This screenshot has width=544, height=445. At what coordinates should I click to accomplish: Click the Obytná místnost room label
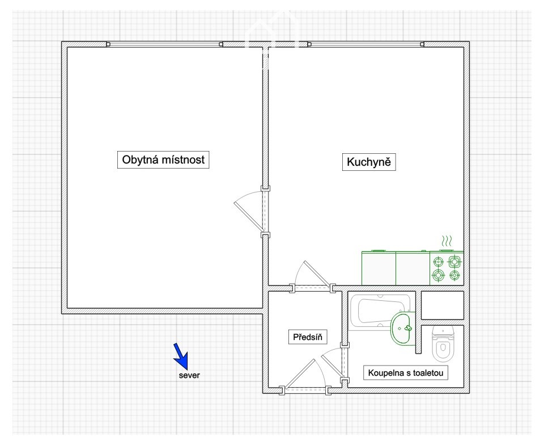coord(163,160)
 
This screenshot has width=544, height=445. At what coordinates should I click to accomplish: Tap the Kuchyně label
coord(369,162)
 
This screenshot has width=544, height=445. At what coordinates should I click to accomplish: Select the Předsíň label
coord(308,337)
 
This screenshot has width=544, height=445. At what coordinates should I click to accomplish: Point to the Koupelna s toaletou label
coord(406,373)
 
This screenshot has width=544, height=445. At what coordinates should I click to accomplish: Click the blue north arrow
coord(181,356)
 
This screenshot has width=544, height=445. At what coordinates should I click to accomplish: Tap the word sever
coord(189,376)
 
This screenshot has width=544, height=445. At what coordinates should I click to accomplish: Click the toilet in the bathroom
coord(443,343)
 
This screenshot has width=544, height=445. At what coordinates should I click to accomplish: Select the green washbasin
coord(403,329)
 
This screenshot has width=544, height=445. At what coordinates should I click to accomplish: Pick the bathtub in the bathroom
coord(380,311)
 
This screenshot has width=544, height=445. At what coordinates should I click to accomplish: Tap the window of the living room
coord(165,44)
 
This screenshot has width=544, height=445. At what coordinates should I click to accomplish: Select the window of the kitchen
coord(365,44)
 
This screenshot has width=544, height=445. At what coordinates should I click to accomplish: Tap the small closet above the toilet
coord(443,305)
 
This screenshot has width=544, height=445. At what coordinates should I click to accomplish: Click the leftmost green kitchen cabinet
coord(379,268)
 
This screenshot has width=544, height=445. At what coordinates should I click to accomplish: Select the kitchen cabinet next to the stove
coord(413,268)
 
